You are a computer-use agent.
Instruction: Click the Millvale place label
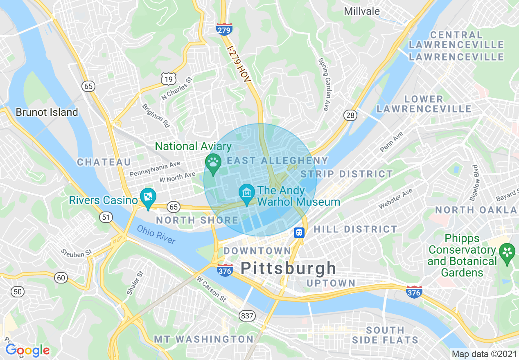point(362,11)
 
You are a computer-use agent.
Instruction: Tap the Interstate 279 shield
point(224,29)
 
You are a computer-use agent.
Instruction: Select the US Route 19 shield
point(169,78)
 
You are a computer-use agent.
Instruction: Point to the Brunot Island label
point(47,112)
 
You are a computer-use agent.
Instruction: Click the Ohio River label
point(156,235)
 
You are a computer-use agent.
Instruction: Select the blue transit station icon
point(299,233)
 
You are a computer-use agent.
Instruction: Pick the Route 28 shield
point(350,116)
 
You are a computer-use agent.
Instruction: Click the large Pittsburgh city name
point(288,269)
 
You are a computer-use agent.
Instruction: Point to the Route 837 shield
point(247,316)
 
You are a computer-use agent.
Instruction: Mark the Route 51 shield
point(106,217)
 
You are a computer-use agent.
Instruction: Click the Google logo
point(27,350)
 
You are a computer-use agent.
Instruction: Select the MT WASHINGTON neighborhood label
point(204,339)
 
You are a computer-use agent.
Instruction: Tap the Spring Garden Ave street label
point(323,84)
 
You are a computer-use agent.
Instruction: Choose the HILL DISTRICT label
point(355,229)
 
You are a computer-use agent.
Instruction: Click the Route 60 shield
point(61,278)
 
